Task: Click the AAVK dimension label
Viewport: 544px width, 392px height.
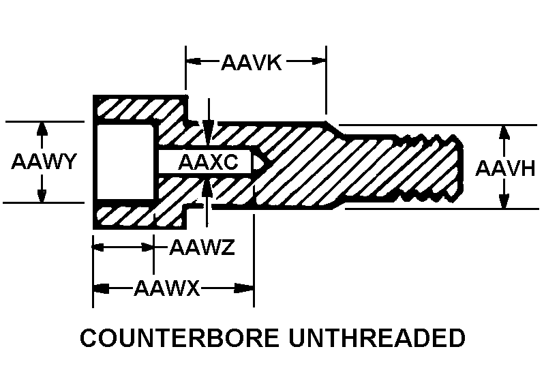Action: click(251, 62)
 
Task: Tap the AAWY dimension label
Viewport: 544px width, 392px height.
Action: click(44, 161)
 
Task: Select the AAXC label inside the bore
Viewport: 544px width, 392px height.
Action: click(208, 162)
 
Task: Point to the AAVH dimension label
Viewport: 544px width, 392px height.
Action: click(505, 168)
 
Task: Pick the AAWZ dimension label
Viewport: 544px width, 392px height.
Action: click(202, 247)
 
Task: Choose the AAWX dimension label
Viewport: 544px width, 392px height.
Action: click(167, 288)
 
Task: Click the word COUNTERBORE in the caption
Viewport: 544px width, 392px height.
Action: click(179, 337)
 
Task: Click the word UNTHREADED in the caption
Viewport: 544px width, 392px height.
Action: click(377, 337)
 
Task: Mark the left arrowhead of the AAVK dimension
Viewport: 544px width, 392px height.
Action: click(194, 61)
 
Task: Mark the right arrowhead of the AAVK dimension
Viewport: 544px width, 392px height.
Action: click(318, 61)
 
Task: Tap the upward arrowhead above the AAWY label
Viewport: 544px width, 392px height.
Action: click(42, 129)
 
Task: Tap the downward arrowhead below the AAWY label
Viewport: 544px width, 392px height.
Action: click(42, 195)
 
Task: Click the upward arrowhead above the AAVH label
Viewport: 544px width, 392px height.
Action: click(504, 133)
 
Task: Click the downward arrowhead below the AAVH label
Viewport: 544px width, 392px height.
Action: click(504, 201)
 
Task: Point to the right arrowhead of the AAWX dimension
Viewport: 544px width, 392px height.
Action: click(244, 288)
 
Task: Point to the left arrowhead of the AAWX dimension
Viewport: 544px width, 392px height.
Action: click(102, 288)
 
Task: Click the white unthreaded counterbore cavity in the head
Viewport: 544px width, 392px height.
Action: click(125, 162)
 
